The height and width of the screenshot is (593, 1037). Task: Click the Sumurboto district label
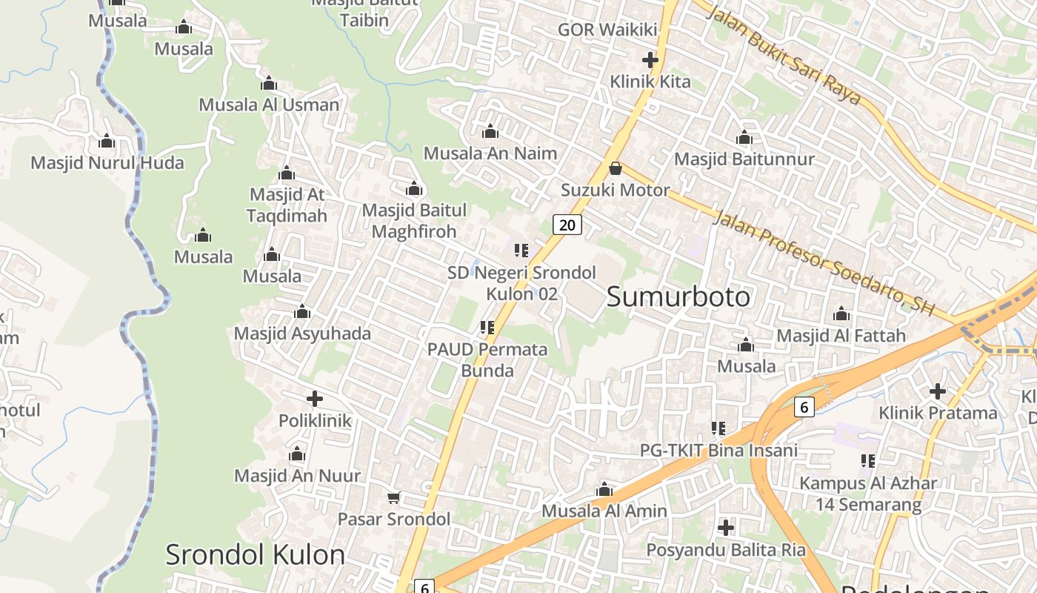click(678, 296)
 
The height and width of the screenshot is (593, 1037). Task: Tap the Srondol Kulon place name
click(255, 554)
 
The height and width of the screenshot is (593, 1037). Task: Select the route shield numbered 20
click(567, 225)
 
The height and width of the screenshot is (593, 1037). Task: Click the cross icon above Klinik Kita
click(650, 60)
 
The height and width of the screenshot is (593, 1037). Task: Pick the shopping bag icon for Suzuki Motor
click(615, 168)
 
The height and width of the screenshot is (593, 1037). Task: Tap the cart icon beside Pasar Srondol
click(393, 497)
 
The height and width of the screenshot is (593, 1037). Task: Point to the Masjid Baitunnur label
click(744, 159)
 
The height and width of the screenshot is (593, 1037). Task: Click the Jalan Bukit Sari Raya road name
click(785, 55)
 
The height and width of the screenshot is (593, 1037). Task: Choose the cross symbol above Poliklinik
click(315, 399)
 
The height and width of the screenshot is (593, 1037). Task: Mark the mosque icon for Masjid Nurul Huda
click(107, 141)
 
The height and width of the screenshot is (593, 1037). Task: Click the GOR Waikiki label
click(607, 30)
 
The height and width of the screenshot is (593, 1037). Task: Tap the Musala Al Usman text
click(269, 105)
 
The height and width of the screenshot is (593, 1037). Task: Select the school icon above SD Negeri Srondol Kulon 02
click(521, 251)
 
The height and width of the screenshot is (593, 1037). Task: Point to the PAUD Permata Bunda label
click(487, 359)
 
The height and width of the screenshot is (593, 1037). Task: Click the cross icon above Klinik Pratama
click(938, 391)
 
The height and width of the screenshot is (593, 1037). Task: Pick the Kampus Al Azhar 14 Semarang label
click(868, 494)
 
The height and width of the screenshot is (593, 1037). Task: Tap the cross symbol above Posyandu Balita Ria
click(726, 528)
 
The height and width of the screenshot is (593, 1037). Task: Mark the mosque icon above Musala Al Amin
click(604, 489)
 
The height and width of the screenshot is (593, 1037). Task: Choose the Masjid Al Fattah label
click(841, 336)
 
